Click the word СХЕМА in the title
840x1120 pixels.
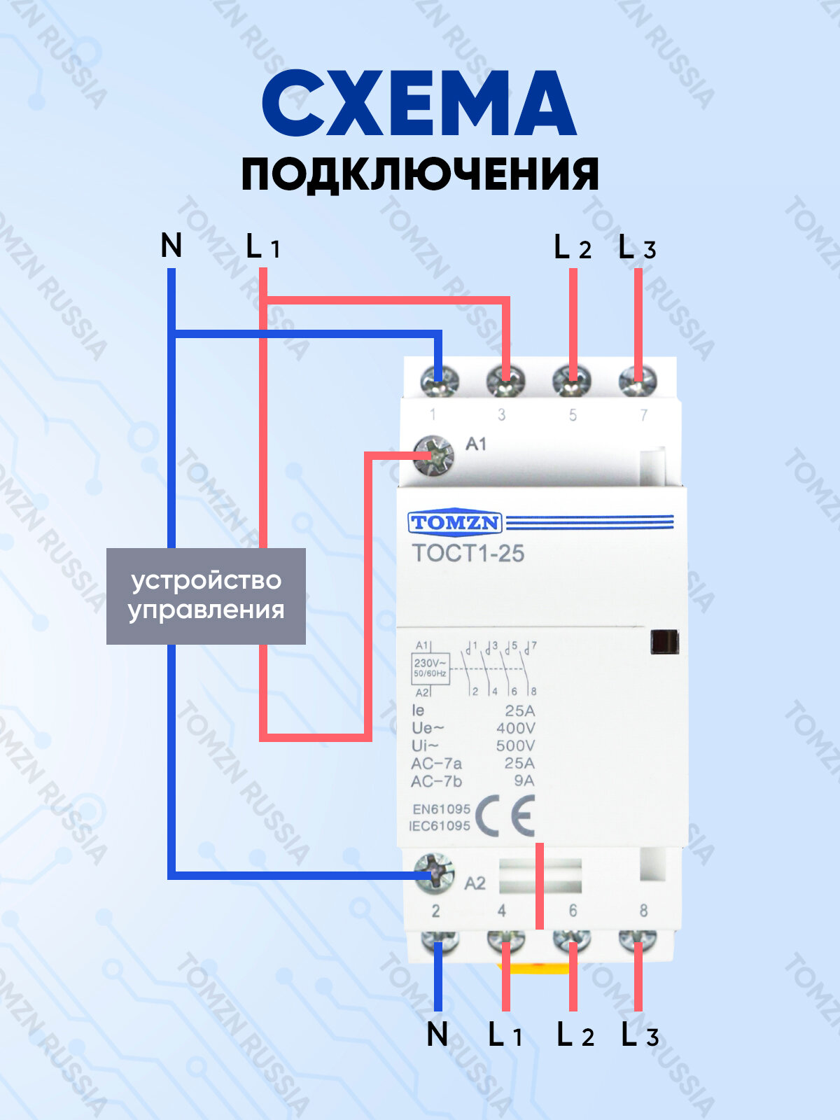419,104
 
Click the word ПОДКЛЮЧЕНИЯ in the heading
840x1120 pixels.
420,175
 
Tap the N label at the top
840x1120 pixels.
171,246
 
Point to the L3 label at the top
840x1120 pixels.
637,248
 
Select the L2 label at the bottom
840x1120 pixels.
575,1035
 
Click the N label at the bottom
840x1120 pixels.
437,1034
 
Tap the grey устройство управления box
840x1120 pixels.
206,596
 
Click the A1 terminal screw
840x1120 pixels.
433,456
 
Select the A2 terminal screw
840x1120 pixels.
434,874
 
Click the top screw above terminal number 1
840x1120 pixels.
439,381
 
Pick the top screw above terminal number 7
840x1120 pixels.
638,381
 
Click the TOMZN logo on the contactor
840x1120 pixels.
454,522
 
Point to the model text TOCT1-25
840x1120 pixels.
468,554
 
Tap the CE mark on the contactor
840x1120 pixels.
505,816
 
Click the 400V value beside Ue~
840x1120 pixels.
515,728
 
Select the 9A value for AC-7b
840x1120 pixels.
524,780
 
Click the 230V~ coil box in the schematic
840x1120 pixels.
430,668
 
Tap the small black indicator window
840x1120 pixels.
664,642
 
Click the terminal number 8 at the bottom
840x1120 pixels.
643,910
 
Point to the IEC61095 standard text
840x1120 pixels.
440,826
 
